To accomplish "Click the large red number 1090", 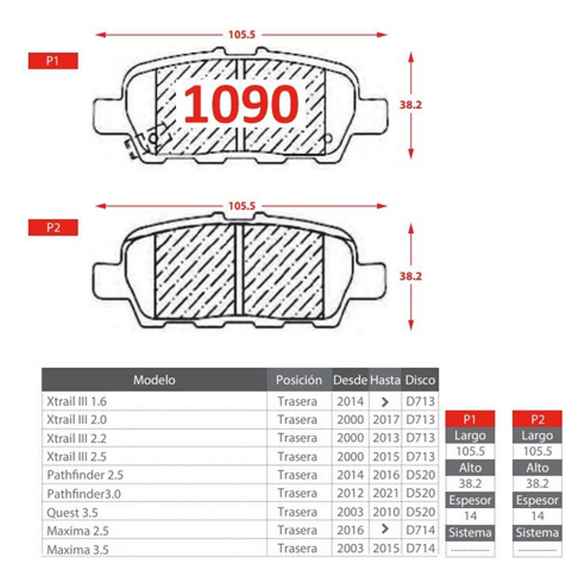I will tap(241, 104).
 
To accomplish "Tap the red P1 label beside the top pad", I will tap(53, 61).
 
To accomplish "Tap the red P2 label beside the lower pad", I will tap(53, 227).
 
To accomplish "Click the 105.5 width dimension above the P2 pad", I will tap(241, 206).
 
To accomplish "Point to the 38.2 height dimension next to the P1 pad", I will tap(410, 105).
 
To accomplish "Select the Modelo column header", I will tap(154, 380).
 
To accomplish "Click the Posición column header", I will tap(299, 380).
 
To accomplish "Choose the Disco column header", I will tap(420, 380).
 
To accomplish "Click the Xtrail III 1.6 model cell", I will tap(77, 402).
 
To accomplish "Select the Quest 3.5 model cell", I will tap(72, 512).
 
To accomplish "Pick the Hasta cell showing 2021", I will tap(386, 493).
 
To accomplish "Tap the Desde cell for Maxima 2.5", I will tap(350, 530).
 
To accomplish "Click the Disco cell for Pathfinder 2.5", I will tap(420, 475).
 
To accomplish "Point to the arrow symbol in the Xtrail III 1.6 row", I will tap(385, 402).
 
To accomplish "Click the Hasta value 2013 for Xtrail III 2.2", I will tap(386, 438).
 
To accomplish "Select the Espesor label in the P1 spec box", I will tap(470, 500).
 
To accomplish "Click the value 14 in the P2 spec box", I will tap(537, 516).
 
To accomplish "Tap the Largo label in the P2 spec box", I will tap(537, 435).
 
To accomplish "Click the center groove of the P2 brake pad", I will tap(239, 272).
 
